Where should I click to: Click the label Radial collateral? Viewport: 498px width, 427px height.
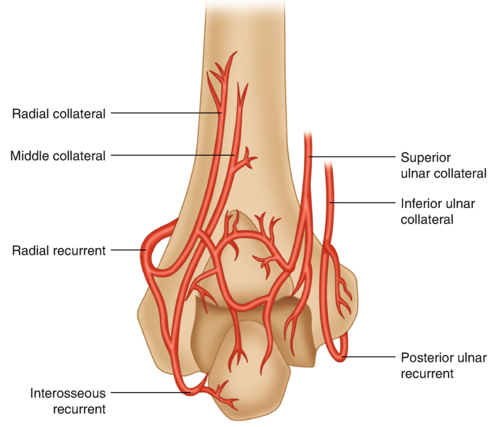(x=59, y=113)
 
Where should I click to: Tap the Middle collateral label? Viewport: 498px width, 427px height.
(x=58, y=156)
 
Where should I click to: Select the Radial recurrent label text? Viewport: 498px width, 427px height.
(x=59, y=250)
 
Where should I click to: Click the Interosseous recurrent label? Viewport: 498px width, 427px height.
(x=68, y=401)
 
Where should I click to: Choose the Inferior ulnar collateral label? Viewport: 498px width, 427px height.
(x=443, y=210)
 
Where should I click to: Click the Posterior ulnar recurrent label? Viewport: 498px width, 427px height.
(x=443, y=365)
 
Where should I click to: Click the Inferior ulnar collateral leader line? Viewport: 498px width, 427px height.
(x=364, y=202)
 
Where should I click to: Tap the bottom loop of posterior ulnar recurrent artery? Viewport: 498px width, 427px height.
(x=337, y=356)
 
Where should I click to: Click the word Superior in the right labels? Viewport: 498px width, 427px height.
(x=425, y=156)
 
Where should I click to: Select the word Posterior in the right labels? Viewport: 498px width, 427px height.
(x=425, y=357)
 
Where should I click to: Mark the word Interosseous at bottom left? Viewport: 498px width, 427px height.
(x=68, y=393)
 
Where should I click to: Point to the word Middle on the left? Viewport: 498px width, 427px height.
(x=30, y=156)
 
